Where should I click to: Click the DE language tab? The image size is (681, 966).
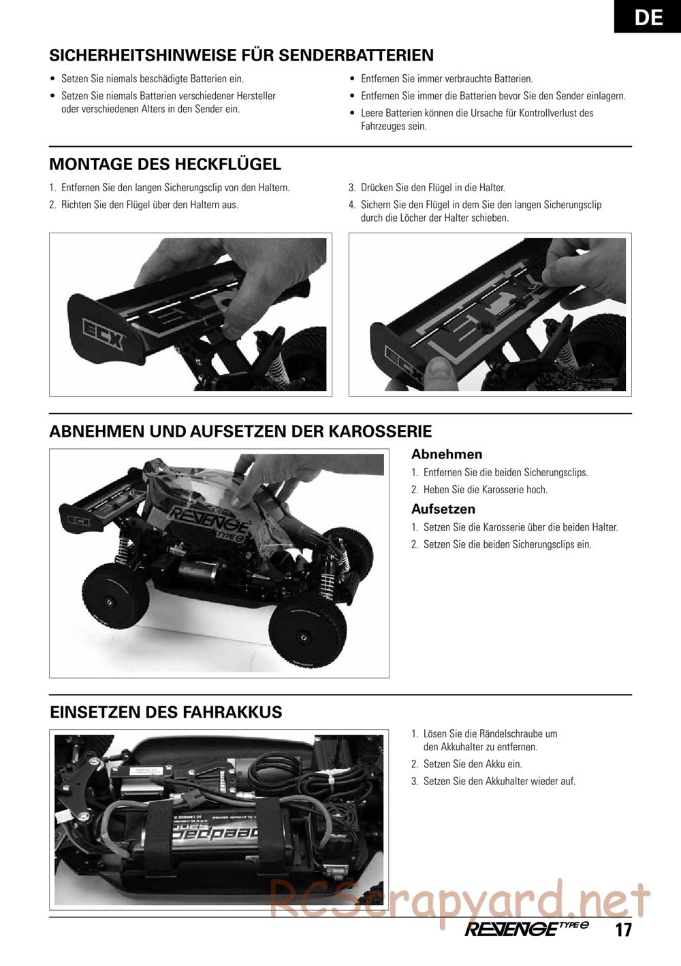click(x=648, y=16)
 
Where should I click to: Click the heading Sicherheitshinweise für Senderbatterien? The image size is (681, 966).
click(x=241, y=55)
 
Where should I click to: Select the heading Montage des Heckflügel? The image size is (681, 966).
click(x=165, y=164)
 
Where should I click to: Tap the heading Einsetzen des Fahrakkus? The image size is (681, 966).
click(x=166, y=712)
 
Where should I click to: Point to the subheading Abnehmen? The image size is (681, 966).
click(x=447, y=454)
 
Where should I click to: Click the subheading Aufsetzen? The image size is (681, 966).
click(x=443, y=509)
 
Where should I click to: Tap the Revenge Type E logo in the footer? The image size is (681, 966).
click(x=527, y=929)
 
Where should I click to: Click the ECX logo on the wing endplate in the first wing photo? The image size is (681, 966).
click(x=104, y=335)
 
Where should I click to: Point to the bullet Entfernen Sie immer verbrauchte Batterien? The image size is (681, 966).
click(x=441, y=79)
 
